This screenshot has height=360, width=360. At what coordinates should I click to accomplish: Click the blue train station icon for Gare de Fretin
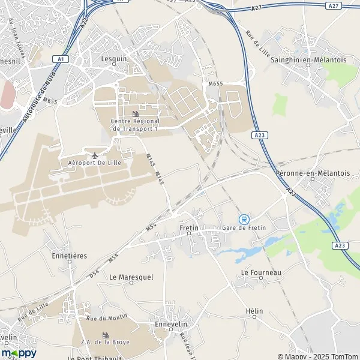pos(244,219)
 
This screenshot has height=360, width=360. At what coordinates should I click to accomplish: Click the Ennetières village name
pos(70,256)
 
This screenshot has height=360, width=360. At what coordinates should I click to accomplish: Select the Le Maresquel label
pos(129,277)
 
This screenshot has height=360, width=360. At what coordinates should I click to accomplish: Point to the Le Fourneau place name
pos(261,272)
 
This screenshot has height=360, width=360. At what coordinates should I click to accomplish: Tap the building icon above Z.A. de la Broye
pos(106,335)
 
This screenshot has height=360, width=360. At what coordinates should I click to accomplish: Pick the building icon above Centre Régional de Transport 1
pos(135,113)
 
